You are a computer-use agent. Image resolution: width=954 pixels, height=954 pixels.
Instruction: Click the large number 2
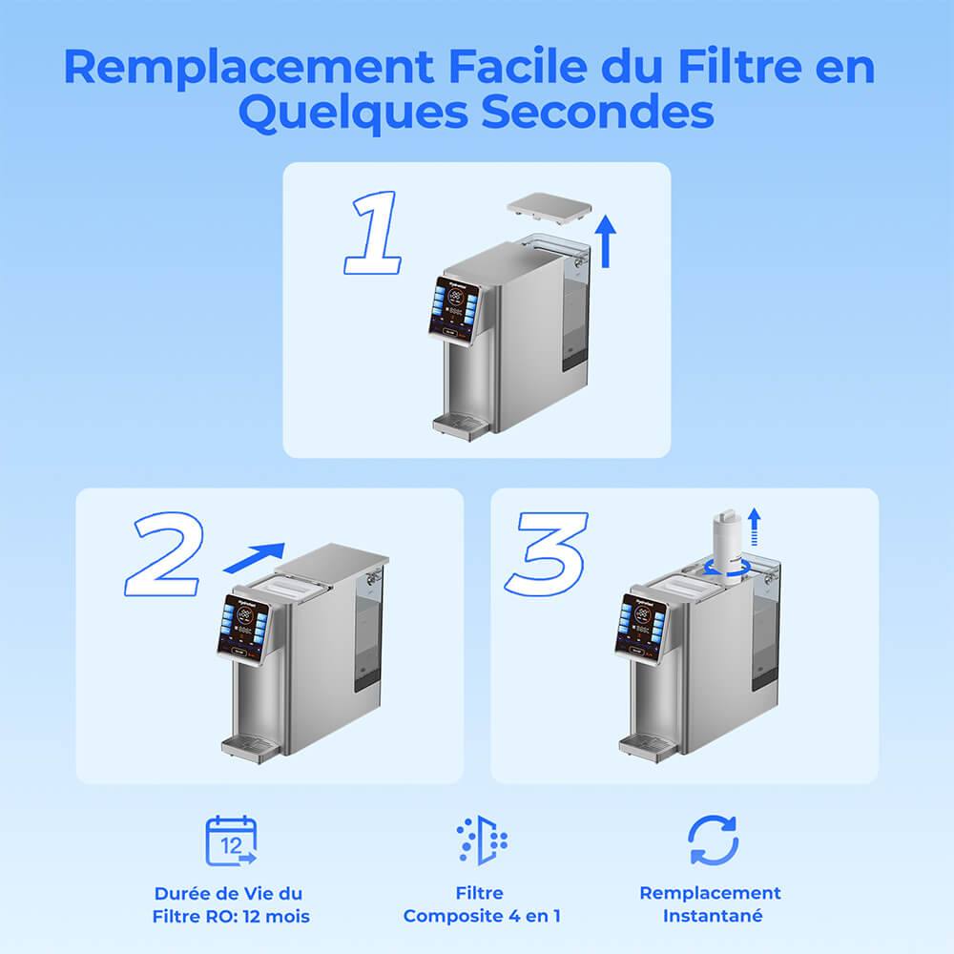point(164,553)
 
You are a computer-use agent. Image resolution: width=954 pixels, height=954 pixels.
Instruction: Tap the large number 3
point(546,553)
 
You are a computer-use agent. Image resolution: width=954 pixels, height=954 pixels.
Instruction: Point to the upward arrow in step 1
point(605,241)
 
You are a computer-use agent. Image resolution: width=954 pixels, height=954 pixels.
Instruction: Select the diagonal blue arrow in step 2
point(254,557)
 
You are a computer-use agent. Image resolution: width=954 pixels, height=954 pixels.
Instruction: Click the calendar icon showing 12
point(231,840)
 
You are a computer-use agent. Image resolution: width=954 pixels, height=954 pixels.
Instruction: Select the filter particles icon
point(482,840)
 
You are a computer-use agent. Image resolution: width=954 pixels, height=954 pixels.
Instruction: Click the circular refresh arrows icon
point(713,840)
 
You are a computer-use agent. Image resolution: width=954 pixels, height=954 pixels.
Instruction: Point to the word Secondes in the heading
point(596,113)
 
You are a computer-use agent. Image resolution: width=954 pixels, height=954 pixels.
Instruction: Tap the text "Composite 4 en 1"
point(482,916)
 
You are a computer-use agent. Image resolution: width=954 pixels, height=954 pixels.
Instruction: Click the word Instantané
point(710,916)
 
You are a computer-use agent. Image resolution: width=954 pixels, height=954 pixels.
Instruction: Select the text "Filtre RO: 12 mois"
point(231,917)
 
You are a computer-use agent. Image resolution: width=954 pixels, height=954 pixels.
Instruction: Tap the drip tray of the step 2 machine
point(250,747)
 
